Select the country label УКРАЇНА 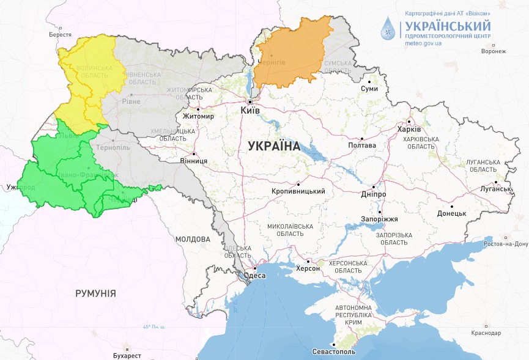[x=274, y=146]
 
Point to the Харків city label [x=409, y=130]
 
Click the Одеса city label [x=254, y=276]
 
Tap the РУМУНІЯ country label [x=95, y=293]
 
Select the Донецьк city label [x=452, y=213]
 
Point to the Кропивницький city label [x=298, y=191]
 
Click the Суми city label [x=369, y=89]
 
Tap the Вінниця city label [x=193, y=161]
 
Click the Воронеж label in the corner [x=494, y=51]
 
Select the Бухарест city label [x=127, y=355]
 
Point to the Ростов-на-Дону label [x=505, y=244]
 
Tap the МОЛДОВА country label [x=193, y=238]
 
